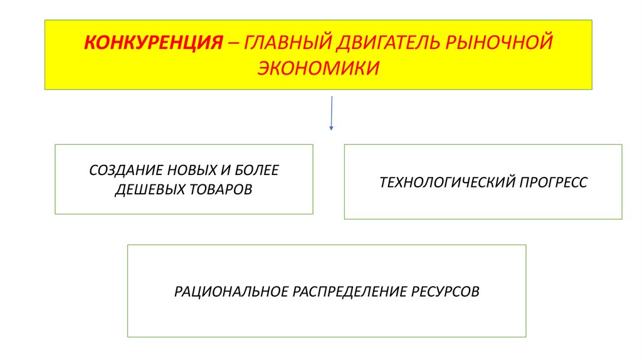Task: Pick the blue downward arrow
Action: pyautogui.click(x=331, y=113)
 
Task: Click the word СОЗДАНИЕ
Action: pyautogui.click(x=125, y=170)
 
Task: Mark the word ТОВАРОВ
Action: pyautogui.click(x=220, y=189)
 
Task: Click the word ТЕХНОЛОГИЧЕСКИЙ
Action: pyautogui.click(x=447, y=183)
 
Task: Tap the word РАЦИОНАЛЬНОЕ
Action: pyautogui.click(x=231, y=292)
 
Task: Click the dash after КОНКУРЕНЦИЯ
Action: pyautogui.click(x=233, y=44)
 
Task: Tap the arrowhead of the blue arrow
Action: pyautogui.click(x=331, y=128)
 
